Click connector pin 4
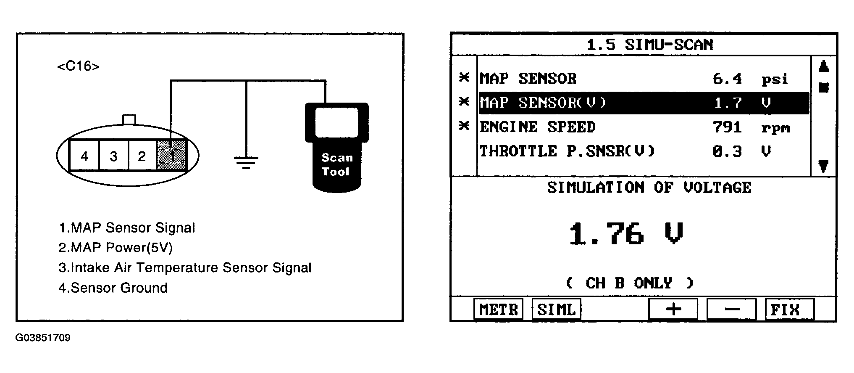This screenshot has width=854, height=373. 84,156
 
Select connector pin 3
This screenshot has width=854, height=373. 113,156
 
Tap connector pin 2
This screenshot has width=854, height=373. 142,156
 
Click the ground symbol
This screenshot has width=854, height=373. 246,162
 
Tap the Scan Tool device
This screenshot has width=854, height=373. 336,147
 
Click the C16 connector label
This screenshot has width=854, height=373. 78,66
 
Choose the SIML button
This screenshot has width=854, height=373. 556,310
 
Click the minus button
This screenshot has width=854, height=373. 731,310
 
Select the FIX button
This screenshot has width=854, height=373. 789,310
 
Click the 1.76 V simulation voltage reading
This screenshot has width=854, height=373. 625,234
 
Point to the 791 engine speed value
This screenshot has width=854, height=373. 727,127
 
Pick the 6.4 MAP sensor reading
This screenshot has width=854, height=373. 727,79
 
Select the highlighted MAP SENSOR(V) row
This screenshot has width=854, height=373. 644,103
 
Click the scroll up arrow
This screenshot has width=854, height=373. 823,66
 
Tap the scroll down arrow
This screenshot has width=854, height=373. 823,167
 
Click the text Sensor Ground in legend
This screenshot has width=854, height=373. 119,288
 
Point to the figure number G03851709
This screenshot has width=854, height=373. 43,338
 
